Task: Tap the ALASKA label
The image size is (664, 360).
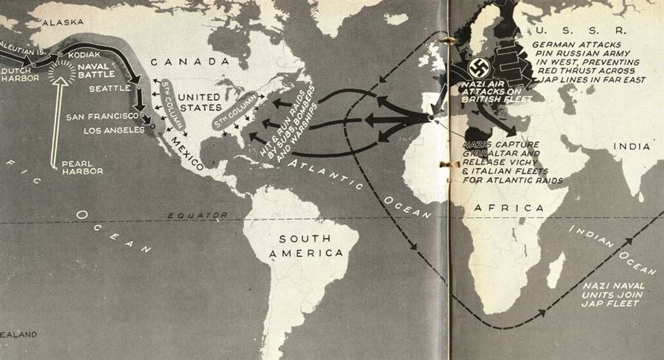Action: coord(63,22)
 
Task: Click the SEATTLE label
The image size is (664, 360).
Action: coord(108,88)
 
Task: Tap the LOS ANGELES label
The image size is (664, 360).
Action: coord(115,129)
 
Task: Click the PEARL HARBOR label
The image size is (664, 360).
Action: coord(82,167)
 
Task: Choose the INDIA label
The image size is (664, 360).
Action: coord(631,146)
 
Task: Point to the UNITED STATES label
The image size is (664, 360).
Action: coord(200,102)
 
